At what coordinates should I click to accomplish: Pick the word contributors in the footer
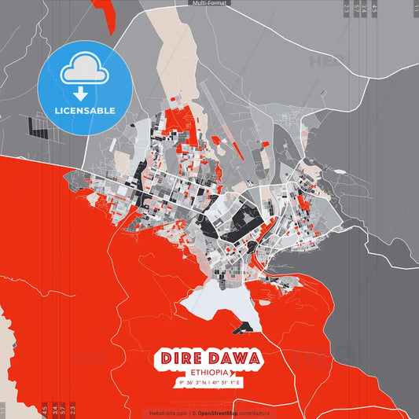click(255, 413)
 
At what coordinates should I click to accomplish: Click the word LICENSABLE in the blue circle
click(85, 110)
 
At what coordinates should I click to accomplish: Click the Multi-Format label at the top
click(209, 3)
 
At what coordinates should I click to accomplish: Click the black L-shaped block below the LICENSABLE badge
click(36, 125)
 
